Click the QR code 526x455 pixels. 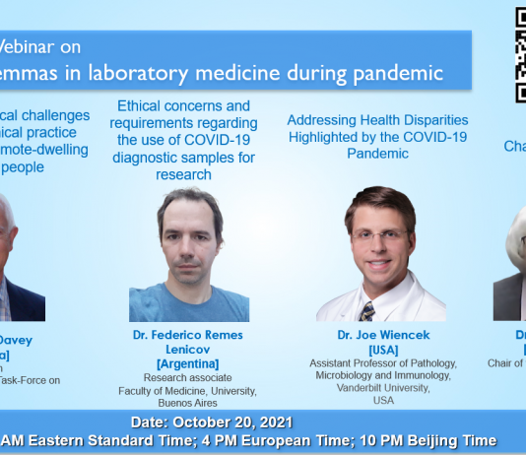pos(519,54)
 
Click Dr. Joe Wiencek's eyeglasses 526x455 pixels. pos(379,236)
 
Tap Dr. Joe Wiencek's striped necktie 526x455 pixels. pos(367,310)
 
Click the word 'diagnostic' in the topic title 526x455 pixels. pos(146,158)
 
